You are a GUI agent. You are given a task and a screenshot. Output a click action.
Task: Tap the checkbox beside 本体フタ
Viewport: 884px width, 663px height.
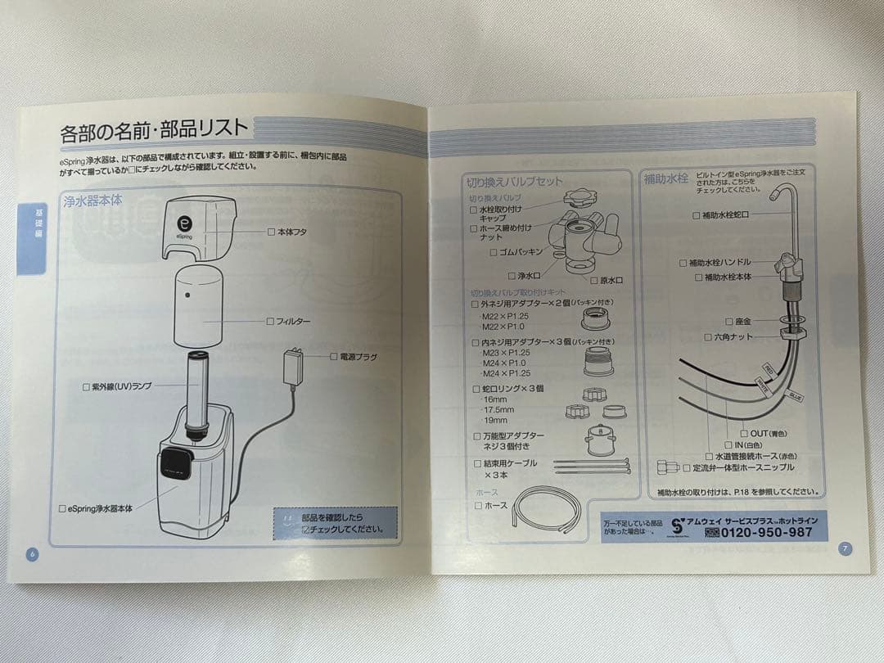pyautogui.click(x=272, y=232)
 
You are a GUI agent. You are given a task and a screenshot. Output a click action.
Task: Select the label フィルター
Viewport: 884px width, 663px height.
pyautogui.click(x=292, y=322)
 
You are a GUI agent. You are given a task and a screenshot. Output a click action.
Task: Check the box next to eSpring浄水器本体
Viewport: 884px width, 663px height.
pyautogui.click(x=62, y=508)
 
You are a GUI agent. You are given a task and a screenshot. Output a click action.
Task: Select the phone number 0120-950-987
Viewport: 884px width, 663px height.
pyautogui.click(x=766, y=532)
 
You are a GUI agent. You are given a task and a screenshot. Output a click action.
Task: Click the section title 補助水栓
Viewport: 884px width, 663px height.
pyautogui.click(x=666, y=178)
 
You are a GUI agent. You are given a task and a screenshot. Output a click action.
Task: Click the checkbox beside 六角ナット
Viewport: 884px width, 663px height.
pyautogui.click(x=708, y=337)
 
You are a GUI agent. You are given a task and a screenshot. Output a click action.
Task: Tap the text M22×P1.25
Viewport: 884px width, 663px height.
pyautogui.click(x=505, y=317)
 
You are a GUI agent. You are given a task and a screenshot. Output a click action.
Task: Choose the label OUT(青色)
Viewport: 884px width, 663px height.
pyautogui.click(x=768, y=433)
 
